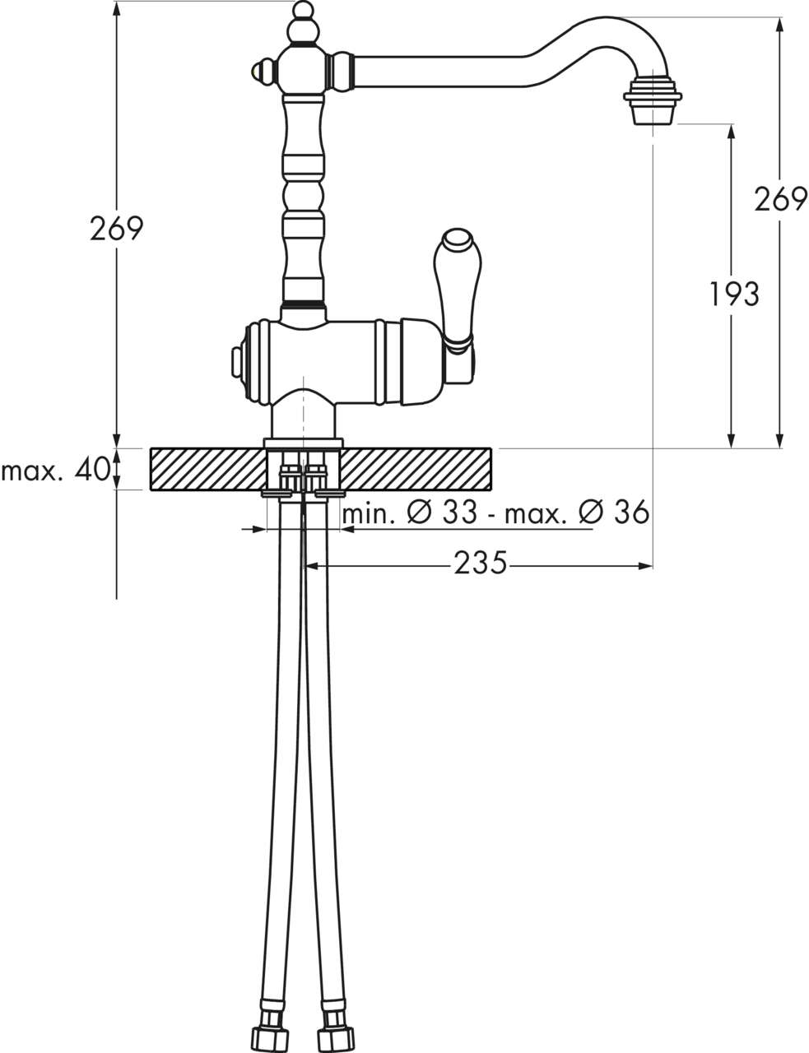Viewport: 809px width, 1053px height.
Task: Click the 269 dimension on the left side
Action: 116,229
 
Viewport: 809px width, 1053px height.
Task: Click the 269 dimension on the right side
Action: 780,199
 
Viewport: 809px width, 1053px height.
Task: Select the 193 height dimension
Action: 734,294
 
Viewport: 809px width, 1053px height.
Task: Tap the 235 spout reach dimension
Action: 480,563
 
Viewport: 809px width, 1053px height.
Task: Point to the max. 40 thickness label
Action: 56,469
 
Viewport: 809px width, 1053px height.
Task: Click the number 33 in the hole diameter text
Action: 460,512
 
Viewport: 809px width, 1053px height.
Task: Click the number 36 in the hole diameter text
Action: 631,512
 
